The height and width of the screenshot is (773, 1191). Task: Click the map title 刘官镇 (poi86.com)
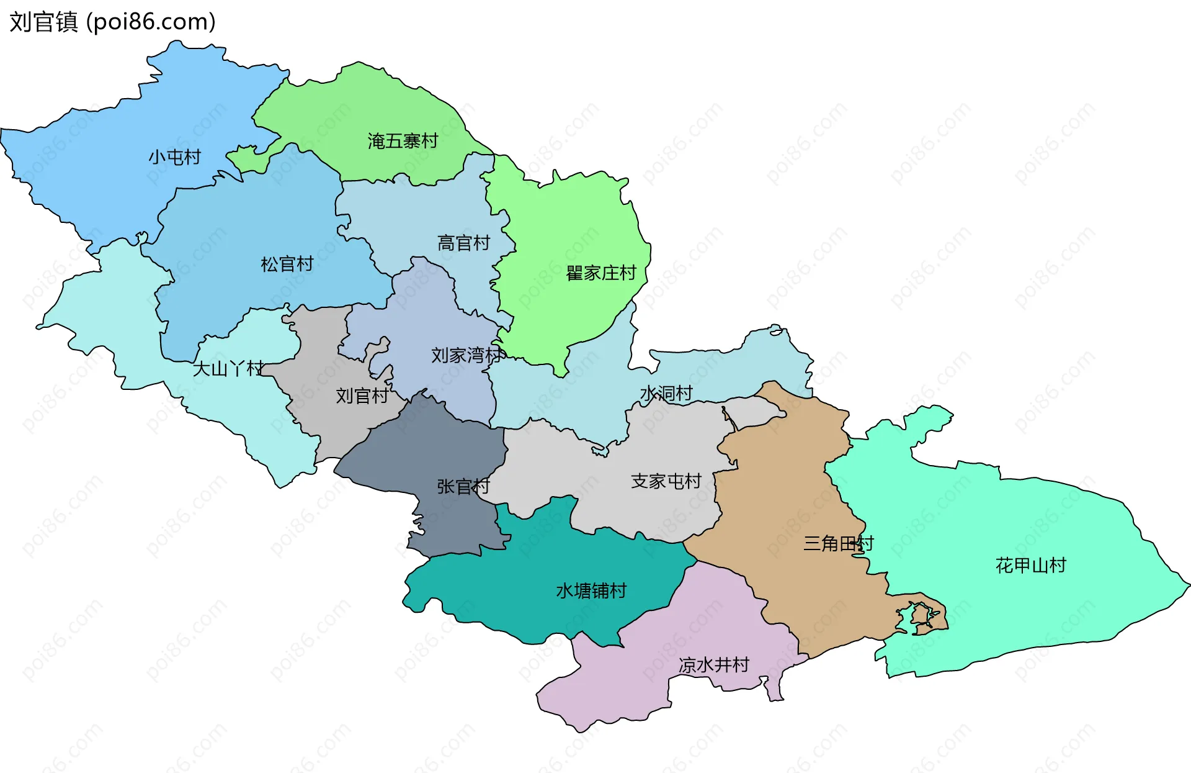[x=112, y=22]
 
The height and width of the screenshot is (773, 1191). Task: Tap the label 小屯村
[x=174, y=157]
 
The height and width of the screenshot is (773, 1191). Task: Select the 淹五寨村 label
[x=403, y=141]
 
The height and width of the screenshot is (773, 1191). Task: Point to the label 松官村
[x=287, y=264]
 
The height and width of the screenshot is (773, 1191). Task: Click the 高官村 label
[x=463, y=243]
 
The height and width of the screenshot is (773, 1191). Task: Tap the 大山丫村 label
[x=228, y=369]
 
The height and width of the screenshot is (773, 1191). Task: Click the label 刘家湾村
[x=466, y=355]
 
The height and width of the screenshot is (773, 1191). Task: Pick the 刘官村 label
[x=362, y=396]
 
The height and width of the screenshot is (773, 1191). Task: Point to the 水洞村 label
[x=666, y=393]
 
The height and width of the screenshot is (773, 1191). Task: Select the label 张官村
[x=463, y=486]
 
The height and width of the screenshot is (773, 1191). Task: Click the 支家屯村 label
[x=666, y=481]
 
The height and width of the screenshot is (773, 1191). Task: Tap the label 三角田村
[x=838, y=543]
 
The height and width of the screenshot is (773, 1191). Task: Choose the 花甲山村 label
[x=1030, y=565]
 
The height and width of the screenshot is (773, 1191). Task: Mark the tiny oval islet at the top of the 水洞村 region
[x=776, y=330]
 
